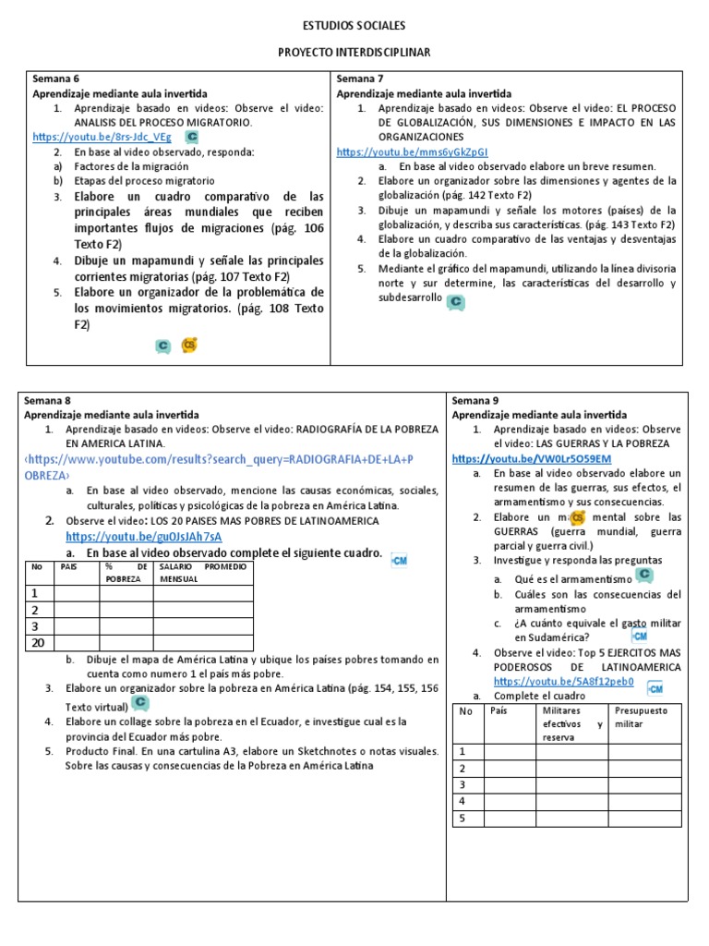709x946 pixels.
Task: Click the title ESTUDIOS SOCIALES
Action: (354, 26)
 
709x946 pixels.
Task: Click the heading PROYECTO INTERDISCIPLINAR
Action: (354, 54)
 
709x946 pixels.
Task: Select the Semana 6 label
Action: (55, 79)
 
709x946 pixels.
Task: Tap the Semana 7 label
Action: (359, 79)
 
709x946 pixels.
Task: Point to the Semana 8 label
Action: (47, 401)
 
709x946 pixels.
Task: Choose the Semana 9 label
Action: (475, 401)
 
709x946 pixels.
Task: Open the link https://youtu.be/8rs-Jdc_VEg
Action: (102, 137)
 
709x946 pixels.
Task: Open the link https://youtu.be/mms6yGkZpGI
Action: (412, 152)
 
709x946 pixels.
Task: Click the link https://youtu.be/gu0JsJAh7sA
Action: (144, 536)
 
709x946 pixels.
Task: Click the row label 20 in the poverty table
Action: (39, 643)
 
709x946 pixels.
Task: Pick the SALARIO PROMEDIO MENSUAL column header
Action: (202, 572)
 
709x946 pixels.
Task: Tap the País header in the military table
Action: (499, 710)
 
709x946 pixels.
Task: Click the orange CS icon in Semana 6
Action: (190, 345)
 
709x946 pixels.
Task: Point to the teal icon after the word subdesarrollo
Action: (454, 301)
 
